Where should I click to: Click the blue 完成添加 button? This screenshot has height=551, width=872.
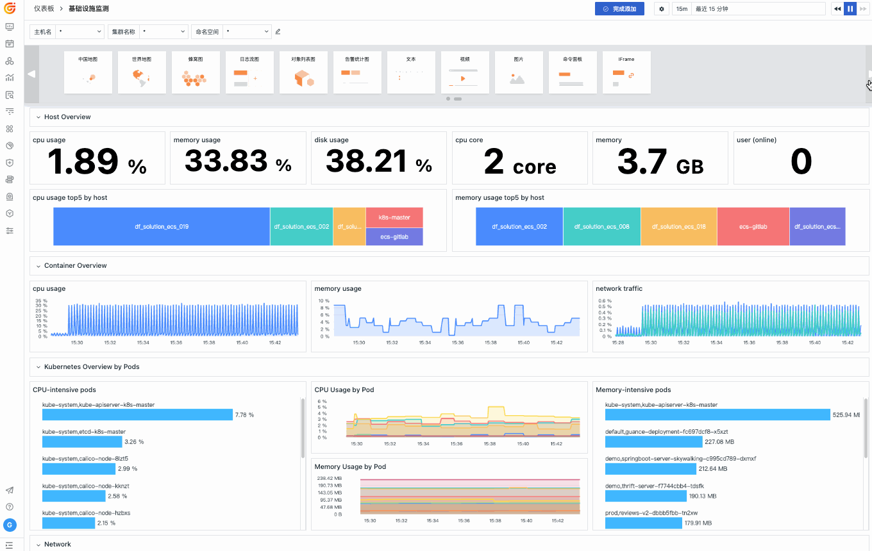click(x=619, y=9)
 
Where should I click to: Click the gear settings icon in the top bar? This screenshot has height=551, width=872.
click(x=662, y=9)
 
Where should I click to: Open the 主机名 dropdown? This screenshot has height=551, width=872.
click(x=80, y=31)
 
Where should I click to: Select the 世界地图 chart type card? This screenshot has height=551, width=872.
click(x=142, y=72)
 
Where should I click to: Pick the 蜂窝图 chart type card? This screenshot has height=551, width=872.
click(x=196, y=72)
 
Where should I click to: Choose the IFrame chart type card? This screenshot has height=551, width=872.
click(x=626, y=72)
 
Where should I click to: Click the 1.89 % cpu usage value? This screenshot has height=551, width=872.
click(x=97, y=162)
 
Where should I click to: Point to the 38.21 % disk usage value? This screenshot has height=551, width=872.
click(x=378, y=162)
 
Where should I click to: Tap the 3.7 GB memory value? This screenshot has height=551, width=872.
click(x=660, y=162)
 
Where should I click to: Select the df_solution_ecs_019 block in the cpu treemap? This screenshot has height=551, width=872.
click(x=162, y=227)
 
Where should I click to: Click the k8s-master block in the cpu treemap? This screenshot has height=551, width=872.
click(x=394, y=218)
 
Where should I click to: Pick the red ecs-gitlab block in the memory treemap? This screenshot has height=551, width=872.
click(x=753, y=227)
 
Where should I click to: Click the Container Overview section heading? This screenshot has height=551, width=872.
click(x=76, y=266)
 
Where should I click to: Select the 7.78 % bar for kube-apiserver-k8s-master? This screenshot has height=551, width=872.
click(x=137, y=415)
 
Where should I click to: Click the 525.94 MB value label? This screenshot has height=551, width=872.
click(x=846, y=415)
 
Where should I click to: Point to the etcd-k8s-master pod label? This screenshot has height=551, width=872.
click(x=84, y=432)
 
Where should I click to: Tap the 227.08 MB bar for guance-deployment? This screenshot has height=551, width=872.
click(x=654, y=442)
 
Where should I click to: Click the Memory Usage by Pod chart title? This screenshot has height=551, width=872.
click(x=350, y=467)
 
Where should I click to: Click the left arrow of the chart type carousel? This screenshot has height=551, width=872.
click(x=31, y=74)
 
